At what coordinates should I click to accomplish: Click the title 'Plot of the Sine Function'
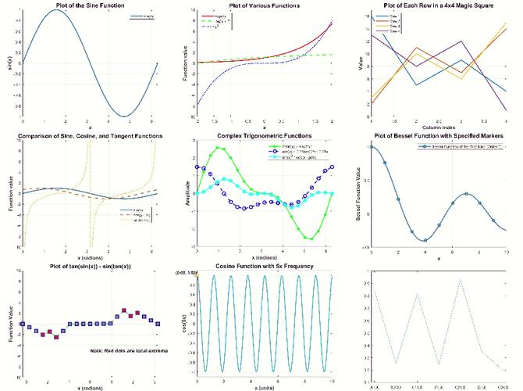(88, 6)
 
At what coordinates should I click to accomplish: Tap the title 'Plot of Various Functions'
(265, 6)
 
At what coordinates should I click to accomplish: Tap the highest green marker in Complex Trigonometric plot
(221, 147)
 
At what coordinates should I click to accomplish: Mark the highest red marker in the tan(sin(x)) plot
(123, 310)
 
